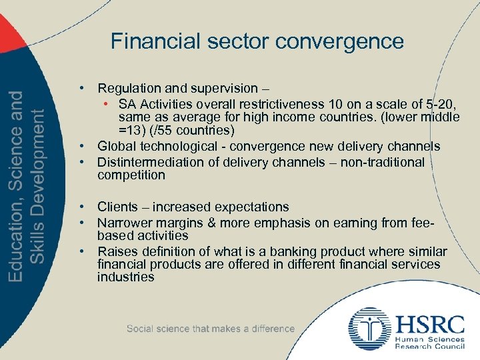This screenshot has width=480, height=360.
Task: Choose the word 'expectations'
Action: [249, 207]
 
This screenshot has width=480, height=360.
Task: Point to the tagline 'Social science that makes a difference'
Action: [210, 329]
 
